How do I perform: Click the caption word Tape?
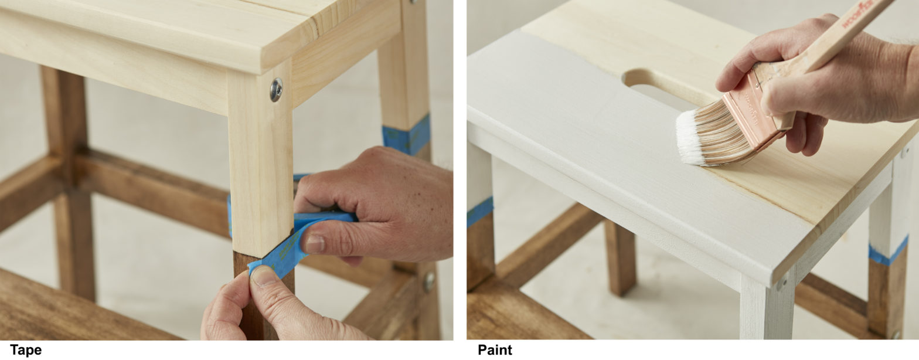26,351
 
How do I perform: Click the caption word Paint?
495,351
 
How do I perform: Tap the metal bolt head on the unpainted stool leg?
275,90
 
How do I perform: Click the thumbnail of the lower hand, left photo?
266,276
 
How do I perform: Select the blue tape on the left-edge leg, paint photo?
479,212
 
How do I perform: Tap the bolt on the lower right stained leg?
896,334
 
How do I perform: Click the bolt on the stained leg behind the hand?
429,281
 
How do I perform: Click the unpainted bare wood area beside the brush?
821,176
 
